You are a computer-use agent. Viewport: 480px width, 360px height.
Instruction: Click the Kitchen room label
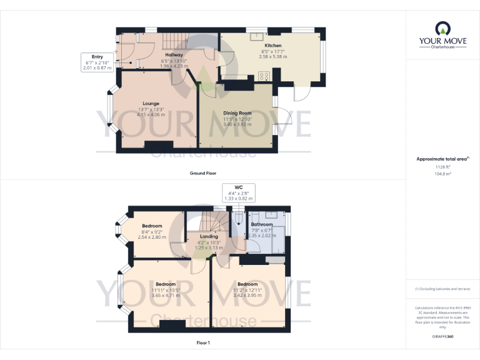(x=273, y=46)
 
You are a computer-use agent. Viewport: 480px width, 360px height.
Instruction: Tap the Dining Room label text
(x=237, y=113)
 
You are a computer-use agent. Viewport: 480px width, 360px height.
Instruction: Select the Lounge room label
(x=151, y=104)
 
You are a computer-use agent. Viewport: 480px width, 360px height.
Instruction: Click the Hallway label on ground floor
(x=174, y=55)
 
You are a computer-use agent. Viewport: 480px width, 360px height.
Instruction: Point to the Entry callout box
(x=96, y=62)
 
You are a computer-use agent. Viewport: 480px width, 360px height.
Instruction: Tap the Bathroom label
(x=261, y=224)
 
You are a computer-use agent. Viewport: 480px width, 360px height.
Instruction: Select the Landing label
(x=209, y=237)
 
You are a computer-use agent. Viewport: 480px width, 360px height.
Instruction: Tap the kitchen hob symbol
(x=264, y=77)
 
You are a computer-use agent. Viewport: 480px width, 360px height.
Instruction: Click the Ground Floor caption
(x=203, y=173)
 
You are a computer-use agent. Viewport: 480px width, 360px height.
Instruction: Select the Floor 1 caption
(x=203, y=343)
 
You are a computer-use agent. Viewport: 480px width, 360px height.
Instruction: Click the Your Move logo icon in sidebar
(x=442, y=27)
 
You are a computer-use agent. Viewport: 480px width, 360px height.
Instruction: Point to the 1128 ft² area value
(x=442, y=167)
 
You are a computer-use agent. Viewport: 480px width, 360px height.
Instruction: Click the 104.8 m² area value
(x=442, y=174)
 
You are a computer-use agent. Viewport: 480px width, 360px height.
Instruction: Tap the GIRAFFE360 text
(x=442, y=336)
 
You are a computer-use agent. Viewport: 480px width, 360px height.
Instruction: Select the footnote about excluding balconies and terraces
(x=442, y=289)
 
